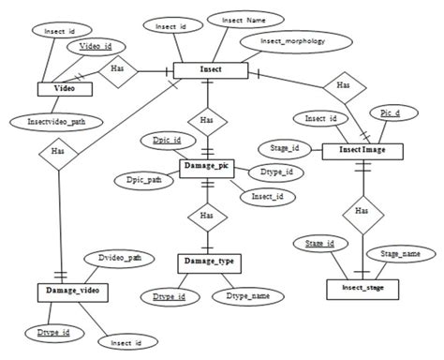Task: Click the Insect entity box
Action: tap(209, 70)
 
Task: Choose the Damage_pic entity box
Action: tap(205, 167)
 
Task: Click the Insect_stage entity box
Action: tap(362, 287)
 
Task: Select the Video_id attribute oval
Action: tap(95, 46)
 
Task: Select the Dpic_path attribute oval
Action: tap(138, 179)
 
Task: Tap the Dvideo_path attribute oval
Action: tap(120, 256)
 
